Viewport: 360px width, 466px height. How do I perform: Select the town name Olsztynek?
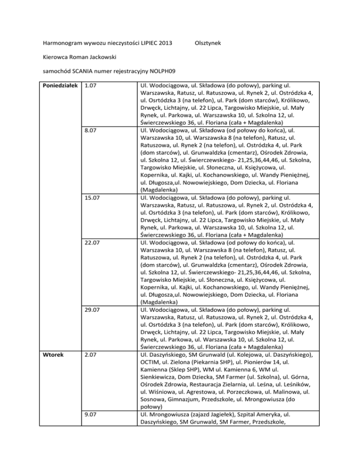209,44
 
